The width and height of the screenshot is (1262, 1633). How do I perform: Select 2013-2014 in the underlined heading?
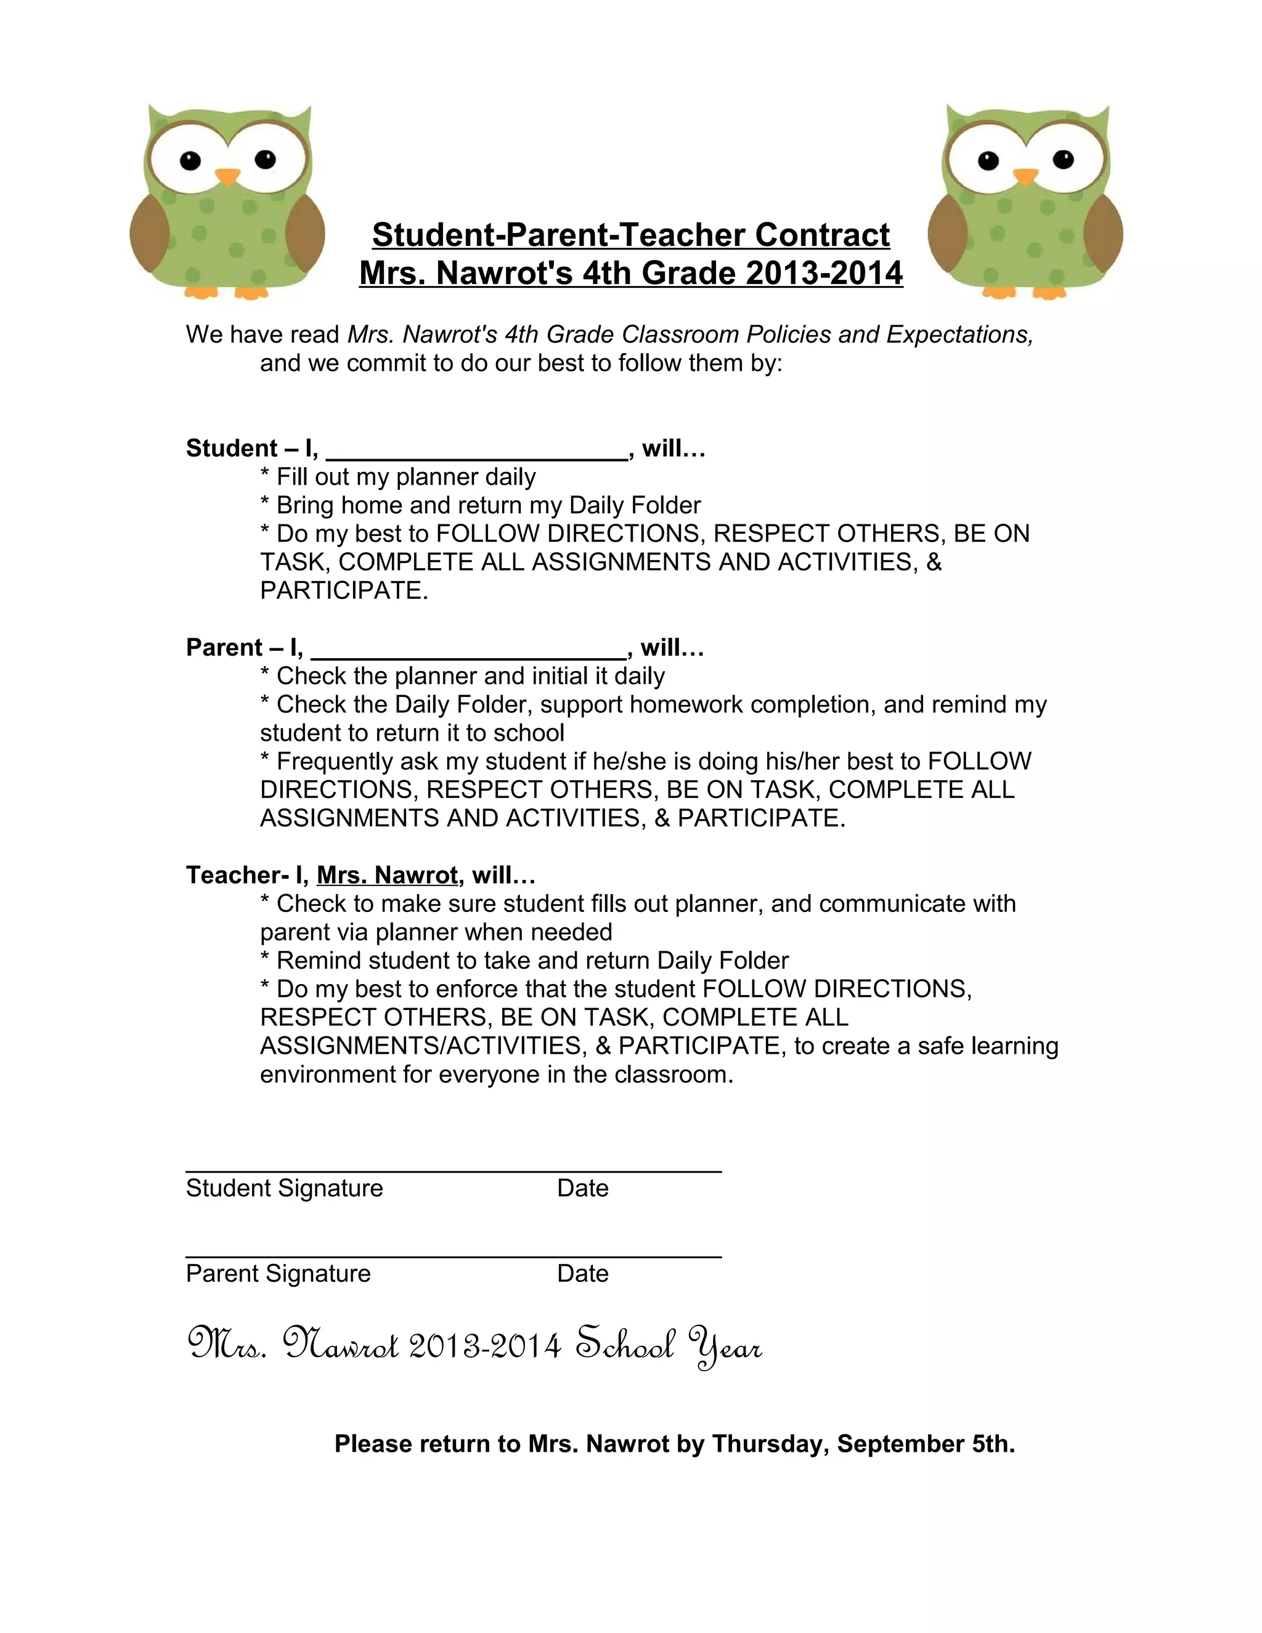pyautogui.click(x=824, y=273)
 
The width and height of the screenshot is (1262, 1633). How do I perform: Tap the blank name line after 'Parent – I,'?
pyautogui.click(x=469, y=652)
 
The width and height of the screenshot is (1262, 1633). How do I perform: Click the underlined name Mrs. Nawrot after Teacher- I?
pyautogui.click(x=386, y=875)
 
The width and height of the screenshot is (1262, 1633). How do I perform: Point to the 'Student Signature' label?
pyautogui.click(x=284, y=1188)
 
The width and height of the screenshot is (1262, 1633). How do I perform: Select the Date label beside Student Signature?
pyautogui.click(x=582, y=1188)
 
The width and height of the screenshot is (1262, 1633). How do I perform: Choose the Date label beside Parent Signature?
pyautogui.click(x=582, y=1273)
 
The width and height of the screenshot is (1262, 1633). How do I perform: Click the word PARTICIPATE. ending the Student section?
pyautogui.click(x=344, y=591)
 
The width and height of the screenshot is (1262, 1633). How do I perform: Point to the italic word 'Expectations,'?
pyautogui.click(x=959, y=334)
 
